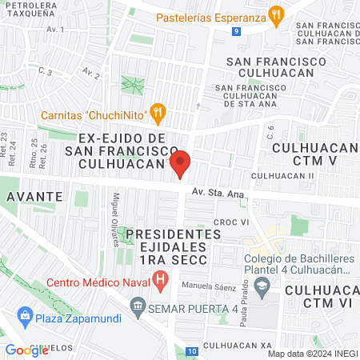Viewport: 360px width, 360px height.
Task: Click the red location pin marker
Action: [x=180, y=163]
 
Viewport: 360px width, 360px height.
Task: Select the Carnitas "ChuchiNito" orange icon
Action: [x=158, y=113]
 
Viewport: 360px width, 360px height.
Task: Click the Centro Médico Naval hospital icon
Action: [x=162, y=280]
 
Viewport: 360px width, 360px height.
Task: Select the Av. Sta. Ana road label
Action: [x=219, y=192]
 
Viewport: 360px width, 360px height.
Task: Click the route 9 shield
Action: [x=237, y=31]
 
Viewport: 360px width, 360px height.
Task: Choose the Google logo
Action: [x=26, y=350]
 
